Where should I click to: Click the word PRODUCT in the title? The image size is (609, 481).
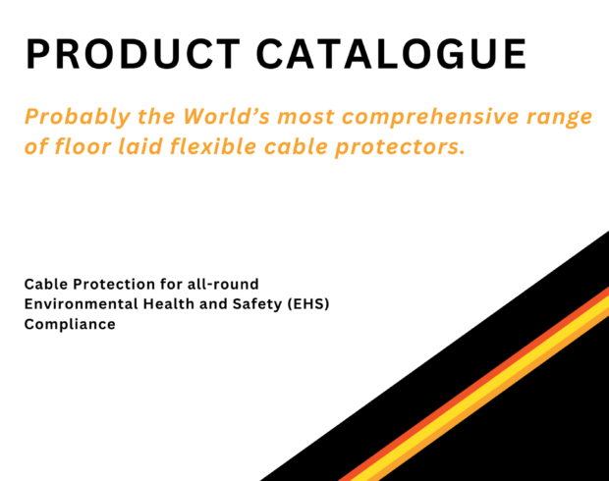click(x=133, y=54)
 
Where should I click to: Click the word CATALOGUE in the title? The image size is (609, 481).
click(x=392, y=54)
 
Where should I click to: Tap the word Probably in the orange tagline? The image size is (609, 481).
click(x=78, y=117)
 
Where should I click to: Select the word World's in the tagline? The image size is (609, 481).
click(x=227, y=116)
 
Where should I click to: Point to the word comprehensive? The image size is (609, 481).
click(x=430, y=117)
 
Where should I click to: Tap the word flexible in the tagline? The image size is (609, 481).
click(x=213, y=146)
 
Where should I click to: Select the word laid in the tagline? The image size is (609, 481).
click(x=140, y=146)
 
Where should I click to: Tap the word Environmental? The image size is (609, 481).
click(x=82, y=304)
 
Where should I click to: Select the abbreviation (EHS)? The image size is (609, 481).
click(x=308, y=304)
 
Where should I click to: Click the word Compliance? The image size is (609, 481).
click(x=70, y=325)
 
